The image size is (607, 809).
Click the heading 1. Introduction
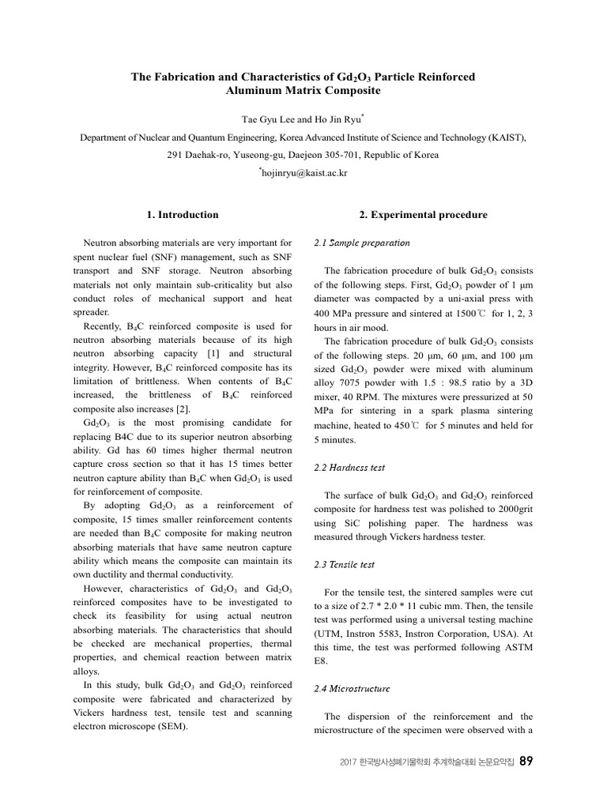click(x=183, y=214)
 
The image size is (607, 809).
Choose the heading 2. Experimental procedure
click(x=424, y=214)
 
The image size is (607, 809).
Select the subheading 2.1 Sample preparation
click(x=362, y=243)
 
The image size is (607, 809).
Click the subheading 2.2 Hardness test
click(x=349, y=468)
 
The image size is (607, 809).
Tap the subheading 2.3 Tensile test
click(x=345, y=565)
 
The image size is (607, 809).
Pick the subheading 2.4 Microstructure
click(x=352, y=689)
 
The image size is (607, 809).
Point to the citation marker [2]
click(x=183, y=409)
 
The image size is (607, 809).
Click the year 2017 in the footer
click(x=348, y=762)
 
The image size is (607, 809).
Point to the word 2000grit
click(x=511, y=509)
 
